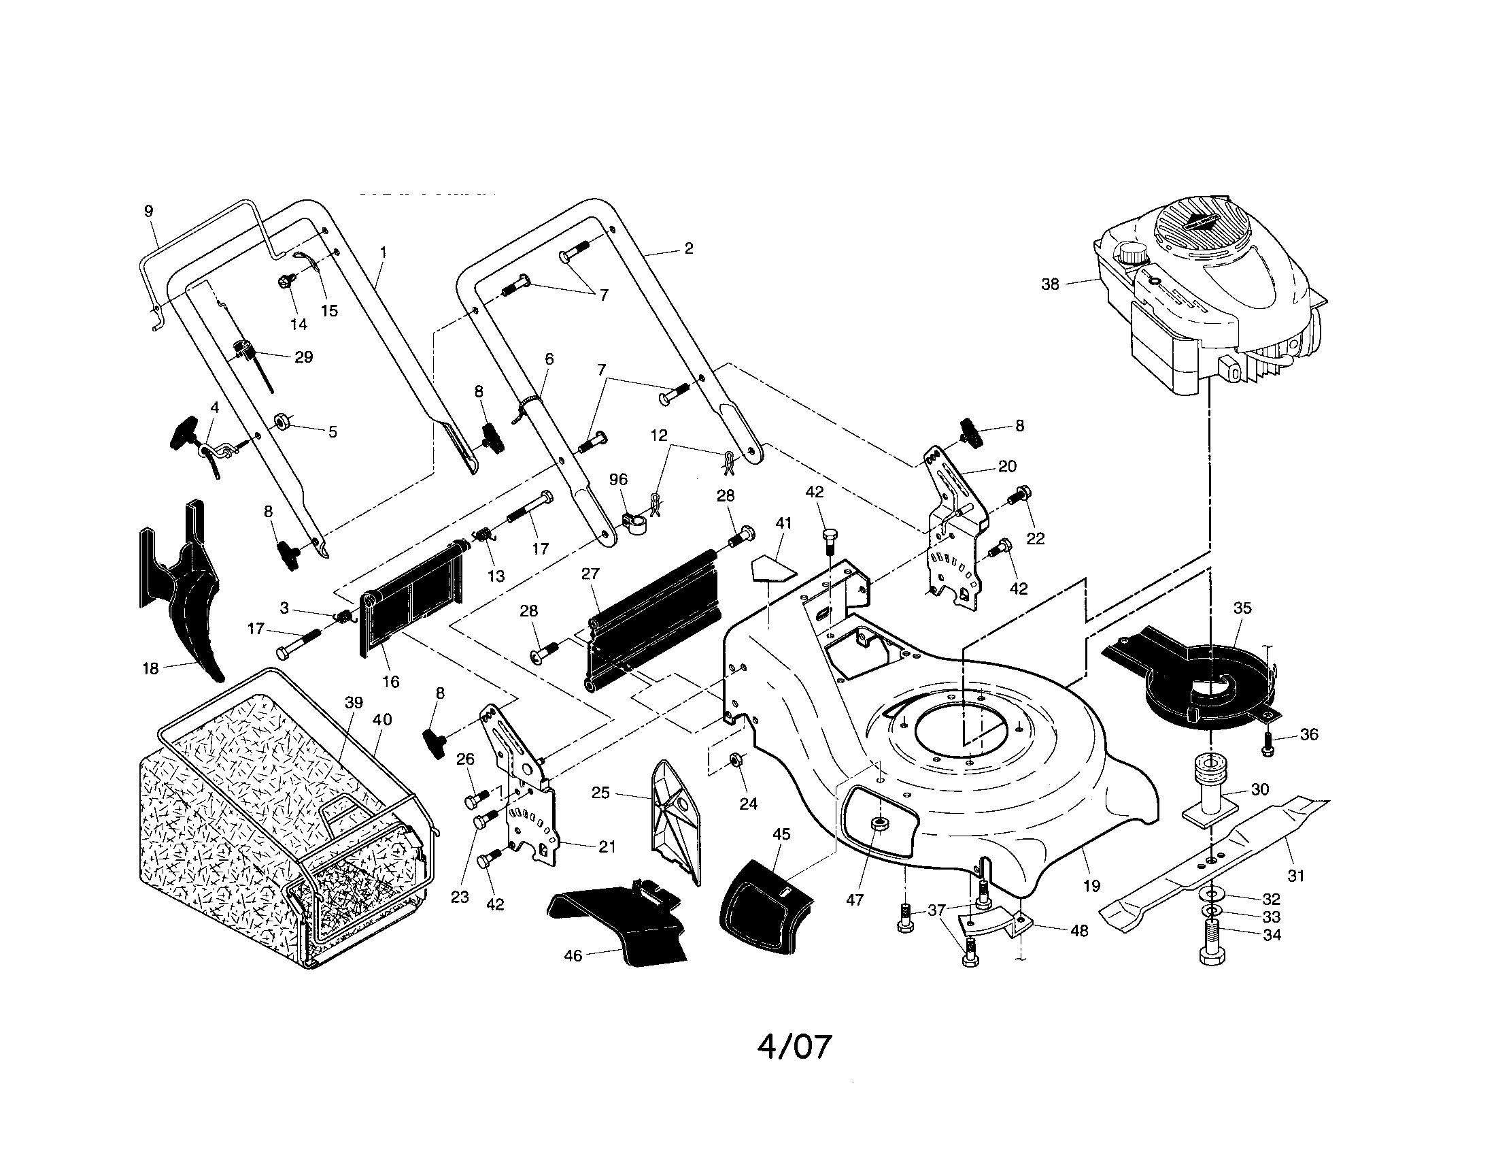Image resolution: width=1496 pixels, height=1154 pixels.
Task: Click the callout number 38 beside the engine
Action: tap(1049, 284)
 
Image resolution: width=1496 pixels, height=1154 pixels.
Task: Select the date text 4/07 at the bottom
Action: tap(794, 1046)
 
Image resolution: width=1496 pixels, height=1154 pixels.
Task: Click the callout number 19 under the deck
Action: tap(1091, 886)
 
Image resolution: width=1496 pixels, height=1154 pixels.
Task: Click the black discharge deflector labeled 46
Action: tap(617, 925)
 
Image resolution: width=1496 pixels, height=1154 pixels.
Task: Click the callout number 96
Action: tap(618, 480)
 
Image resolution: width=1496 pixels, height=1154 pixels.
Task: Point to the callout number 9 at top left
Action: tap(150, 211)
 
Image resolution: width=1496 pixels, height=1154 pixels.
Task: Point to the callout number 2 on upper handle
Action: tap(688, 249)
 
